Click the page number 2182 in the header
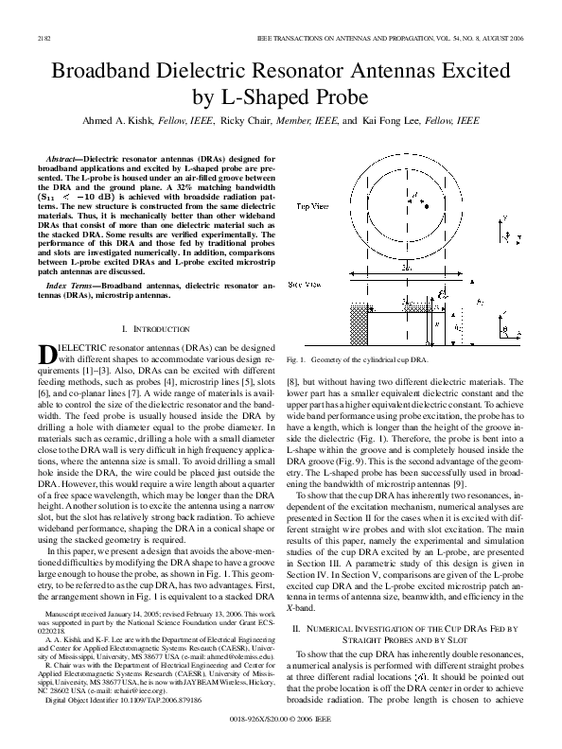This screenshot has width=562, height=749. [44, 38]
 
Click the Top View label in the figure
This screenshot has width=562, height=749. [313, 205]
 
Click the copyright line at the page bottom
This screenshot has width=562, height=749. [281, 731]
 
